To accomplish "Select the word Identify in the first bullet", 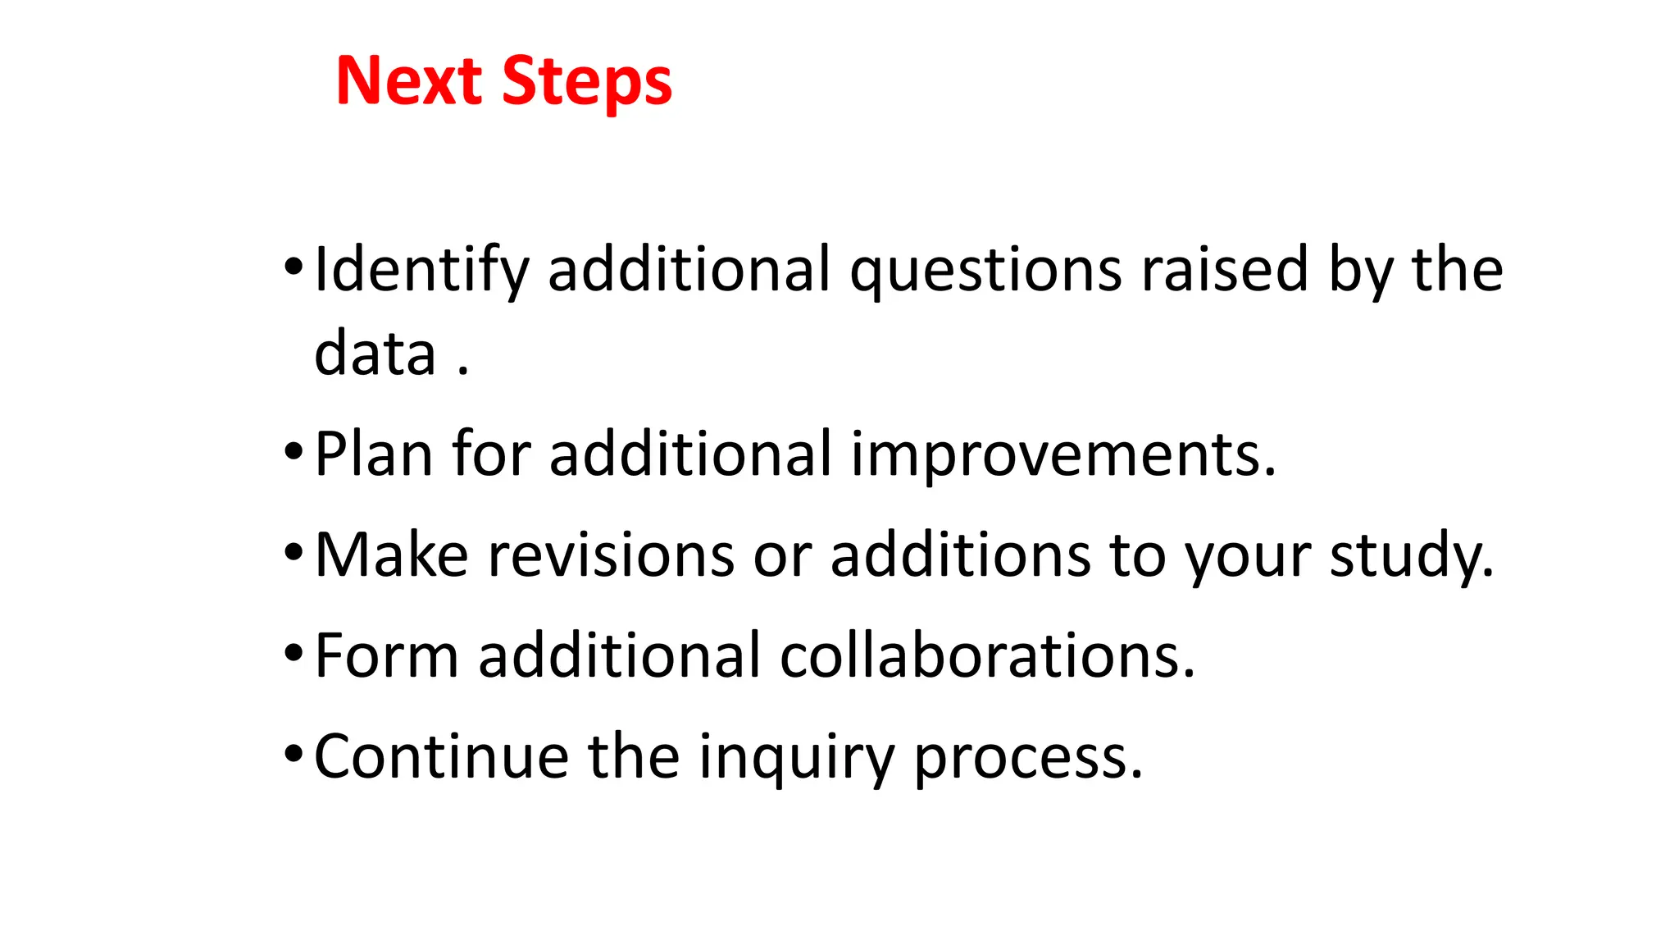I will tap(421, 271).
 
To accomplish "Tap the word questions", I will tap(985, 271).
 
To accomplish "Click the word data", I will tap(375, 354).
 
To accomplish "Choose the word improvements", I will tap(1062, 455).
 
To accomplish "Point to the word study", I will tap(1411, 556).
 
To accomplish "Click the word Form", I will tap(386, 655).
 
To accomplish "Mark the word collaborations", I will tap(987, 655).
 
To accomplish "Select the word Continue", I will tap(441, 756).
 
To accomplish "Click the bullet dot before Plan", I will tap(293, 452).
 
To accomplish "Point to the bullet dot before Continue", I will tap(293, 754).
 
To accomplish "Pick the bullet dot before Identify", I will tap(293, 267).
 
